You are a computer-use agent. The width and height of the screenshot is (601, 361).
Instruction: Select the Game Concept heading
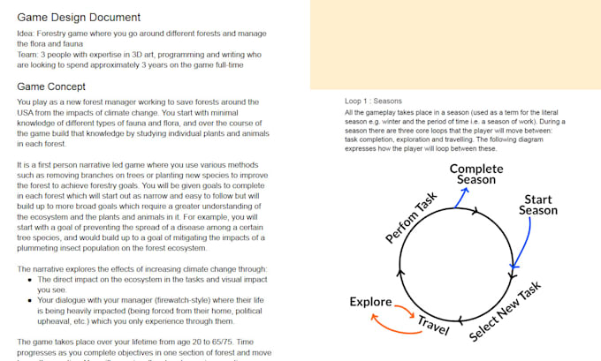click(51, 86)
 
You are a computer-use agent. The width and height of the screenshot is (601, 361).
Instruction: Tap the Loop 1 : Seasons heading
click(373, 102)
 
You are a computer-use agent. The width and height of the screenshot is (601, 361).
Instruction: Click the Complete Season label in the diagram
click(476, 174)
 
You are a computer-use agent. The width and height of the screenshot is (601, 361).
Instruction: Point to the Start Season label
click(537, 205)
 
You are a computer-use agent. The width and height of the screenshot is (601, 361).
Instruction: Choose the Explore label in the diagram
click(370, 302)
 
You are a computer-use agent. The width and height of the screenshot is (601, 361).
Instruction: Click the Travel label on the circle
click(434, 325)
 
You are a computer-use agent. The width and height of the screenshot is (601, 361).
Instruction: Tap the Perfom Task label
click(412, 217)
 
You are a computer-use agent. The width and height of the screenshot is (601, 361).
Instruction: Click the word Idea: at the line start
click(28, 34)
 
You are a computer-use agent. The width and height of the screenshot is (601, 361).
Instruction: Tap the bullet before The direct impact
click(30, 279)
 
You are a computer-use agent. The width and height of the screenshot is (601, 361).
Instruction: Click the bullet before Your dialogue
click(30, 300)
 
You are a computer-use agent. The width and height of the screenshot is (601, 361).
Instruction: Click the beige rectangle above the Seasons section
click(455, 44)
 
